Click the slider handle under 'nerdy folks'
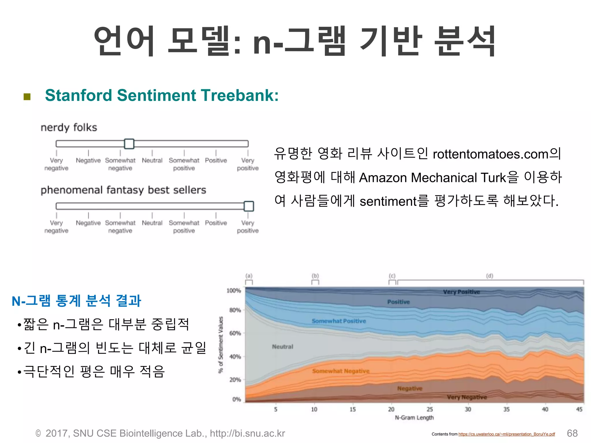point(129,144)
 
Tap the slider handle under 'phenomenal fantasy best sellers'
point(248,206)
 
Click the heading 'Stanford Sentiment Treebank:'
point(162,95)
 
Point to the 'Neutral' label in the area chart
point(282,347)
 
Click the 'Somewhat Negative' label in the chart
point(341,371)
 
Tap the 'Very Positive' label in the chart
point(461,292)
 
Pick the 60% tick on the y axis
point(235,333)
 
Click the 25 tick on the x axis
point(430,409)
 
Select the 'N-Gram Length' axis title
point(414,418)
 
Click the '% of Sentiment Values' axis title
point(221,345)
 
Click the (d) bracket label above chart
point(489,276)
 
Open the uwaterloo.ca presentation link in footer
point(506,434)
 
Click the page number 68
point(572,433)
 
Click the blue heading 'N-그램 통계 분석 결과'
point(76,301)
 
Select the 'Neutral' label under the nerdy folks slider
point(152,160)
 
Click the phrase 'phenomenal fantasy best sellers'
point(123,190)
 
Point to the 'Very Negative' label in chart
point(467,397)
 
